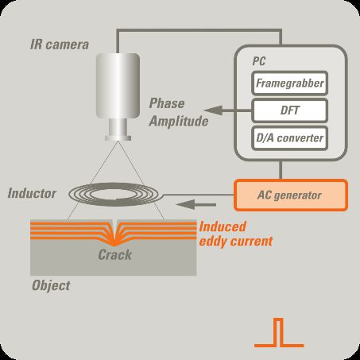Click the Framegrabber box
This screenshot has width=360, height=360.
[x=289, y=83]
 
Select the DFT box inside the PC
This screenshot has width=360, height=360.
[x=289, y=110]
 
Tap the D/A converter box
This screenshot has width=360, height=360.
[x=289, y=138]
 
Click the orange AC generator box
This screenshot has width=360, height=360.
[x=291, y=195]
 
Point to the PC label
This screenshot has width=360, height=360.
[x=259, y=61]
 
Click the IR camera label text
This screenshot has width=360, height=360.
[x=60, y=45]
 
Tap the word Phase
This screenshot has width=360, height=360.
[x=167, y=103]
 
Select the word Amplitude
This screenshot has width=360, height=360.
[x=179, y=122]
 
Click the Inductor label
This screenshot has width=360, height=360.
[x=32, y=193]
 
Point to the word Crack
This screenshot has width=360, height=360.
[x=115, y=255]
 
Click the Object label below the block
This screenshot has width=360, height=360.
[x=51, y=286]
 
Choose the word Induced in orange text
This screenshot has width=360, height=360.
[x=223, y=227]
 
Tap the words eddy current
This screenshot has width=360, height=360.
[x=236, y=242]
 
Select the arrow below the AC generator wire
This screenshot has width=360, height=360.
[x=196, y=205]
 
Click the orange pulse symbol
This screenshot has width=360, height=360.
[x=279, y=333]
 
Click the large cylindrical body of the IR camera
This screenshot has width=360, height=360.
[x=118, y=86]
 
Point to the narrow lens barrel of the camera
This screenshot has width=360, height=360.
[x=118, y=130]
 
